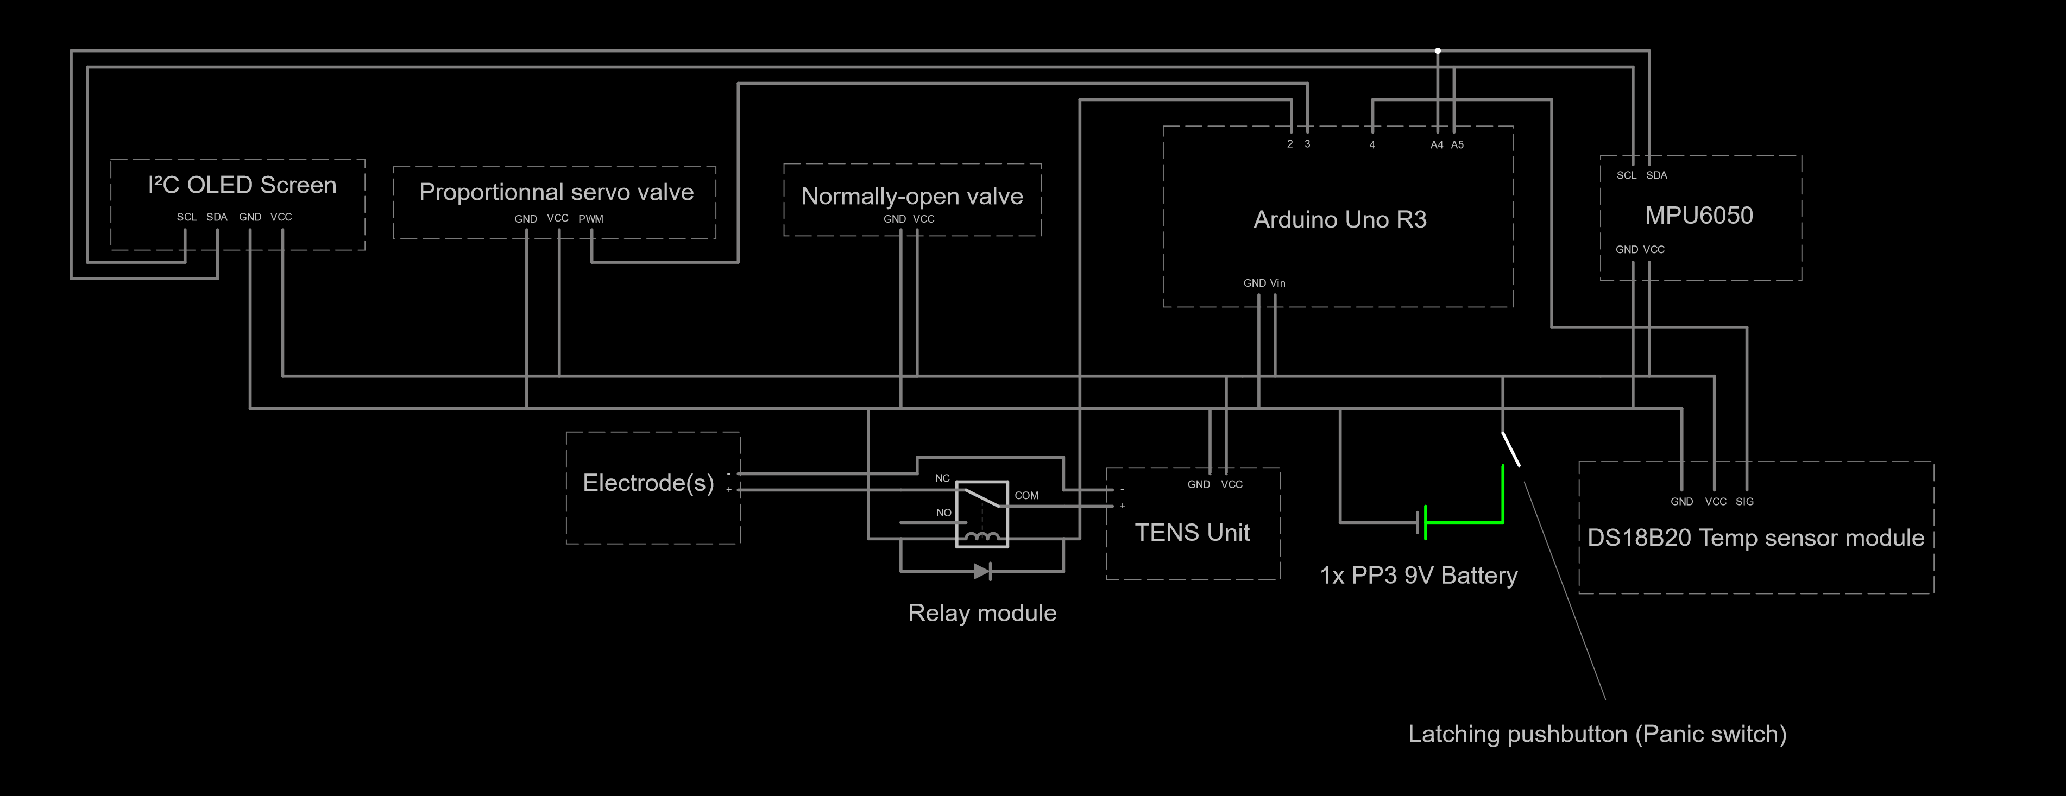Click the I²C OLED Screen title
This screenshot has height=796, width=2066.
[x=242, y=185]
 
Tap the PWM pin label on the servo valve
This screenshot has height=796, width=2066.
[x=591, y=219]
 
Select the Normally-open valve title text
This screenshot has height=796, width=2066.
[x=912, y=197]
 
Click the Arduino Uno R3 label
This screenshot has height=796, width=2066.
[x=1340, y=220]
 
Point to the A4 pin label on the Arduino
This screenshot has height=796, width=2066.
[x=1437, y=145]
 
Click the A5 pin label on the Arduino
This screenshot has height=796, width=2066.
[x=1457, y=145]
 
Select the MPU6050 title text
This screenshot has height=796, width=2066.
[x=1699, y=215]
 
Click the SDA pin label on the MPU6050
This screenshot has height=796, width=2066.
[x=1657, y=175]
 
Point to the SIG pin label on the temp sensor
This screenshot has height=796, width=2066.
[x=1744, y=502]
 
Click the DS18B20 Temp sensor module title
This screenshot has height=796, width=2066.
[x=1756, y=538]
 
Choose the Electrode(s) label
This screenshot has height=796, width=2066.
[x=648, y=483]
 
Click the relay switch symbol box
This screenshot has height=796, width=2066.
[x=981, y=514]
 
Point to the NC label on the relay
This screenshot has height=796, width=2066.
[x=942, y=478]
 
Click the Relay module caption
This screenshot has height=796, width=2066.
[x=982, y=613]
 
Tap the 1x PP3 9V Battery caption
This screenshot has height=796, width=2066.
[x=1419, y=576]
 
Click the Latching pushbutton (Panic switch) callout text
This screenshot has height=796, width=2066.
[x=1598, y=734]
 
